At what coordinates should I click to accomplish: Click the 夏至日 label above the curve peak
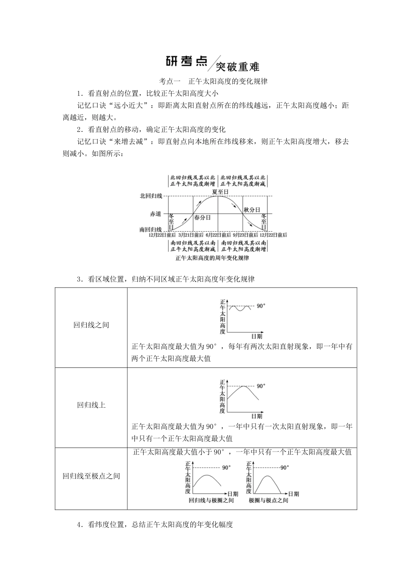pos(220,192)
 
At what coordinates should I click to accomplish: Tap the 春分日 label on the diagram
pos(202,217)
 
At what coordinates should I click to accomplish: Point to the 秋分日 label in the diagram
pos(252,210)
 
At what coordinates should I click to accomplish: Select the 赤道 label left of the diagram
pos(155,214)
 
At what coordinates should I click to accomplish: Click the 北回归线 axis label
pos(151,196)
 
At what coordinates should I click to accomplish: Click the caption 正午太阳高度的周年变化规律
pos(212,258)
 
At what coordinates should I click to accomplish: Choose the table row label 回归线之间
pos(91,325)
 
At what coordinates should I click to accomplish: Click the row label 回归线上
pos(91,405)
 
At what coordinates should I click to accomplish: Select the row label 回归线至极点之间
pos(91,476)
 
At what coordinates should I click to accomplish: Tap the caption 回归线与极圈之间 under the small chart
pos(211,501)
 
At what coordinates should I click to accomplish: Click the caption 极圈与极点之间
pos(268,501)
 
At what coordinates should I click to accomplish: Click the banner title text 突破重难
pos(237,67)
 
